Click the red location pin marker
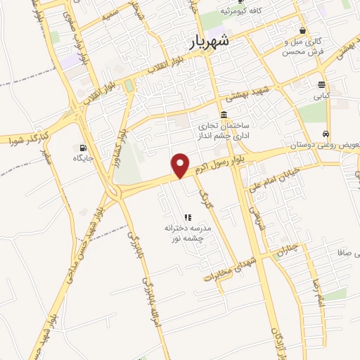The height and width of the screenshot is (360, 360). point(181,165)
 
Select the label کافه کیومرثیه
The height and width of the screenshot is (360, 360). point(244,12)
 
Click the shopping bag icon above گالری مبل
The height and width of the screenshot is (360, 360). point(302,31)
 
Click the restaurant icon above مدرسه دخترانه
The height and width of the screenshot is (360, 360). point(187,217)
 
